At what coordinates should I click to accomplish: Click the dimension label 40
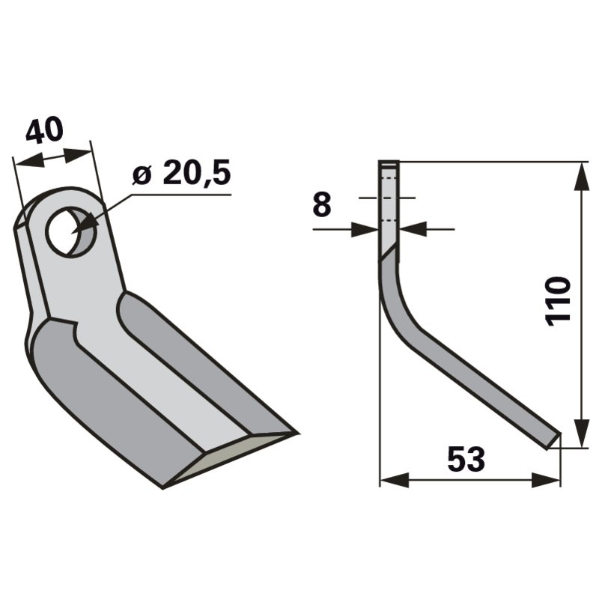44,131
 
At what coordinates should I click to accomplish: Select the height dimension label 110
558,299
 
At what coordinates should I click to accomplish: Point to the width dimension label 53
466,459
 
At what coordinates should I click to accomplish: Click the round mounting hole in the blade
70,231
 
